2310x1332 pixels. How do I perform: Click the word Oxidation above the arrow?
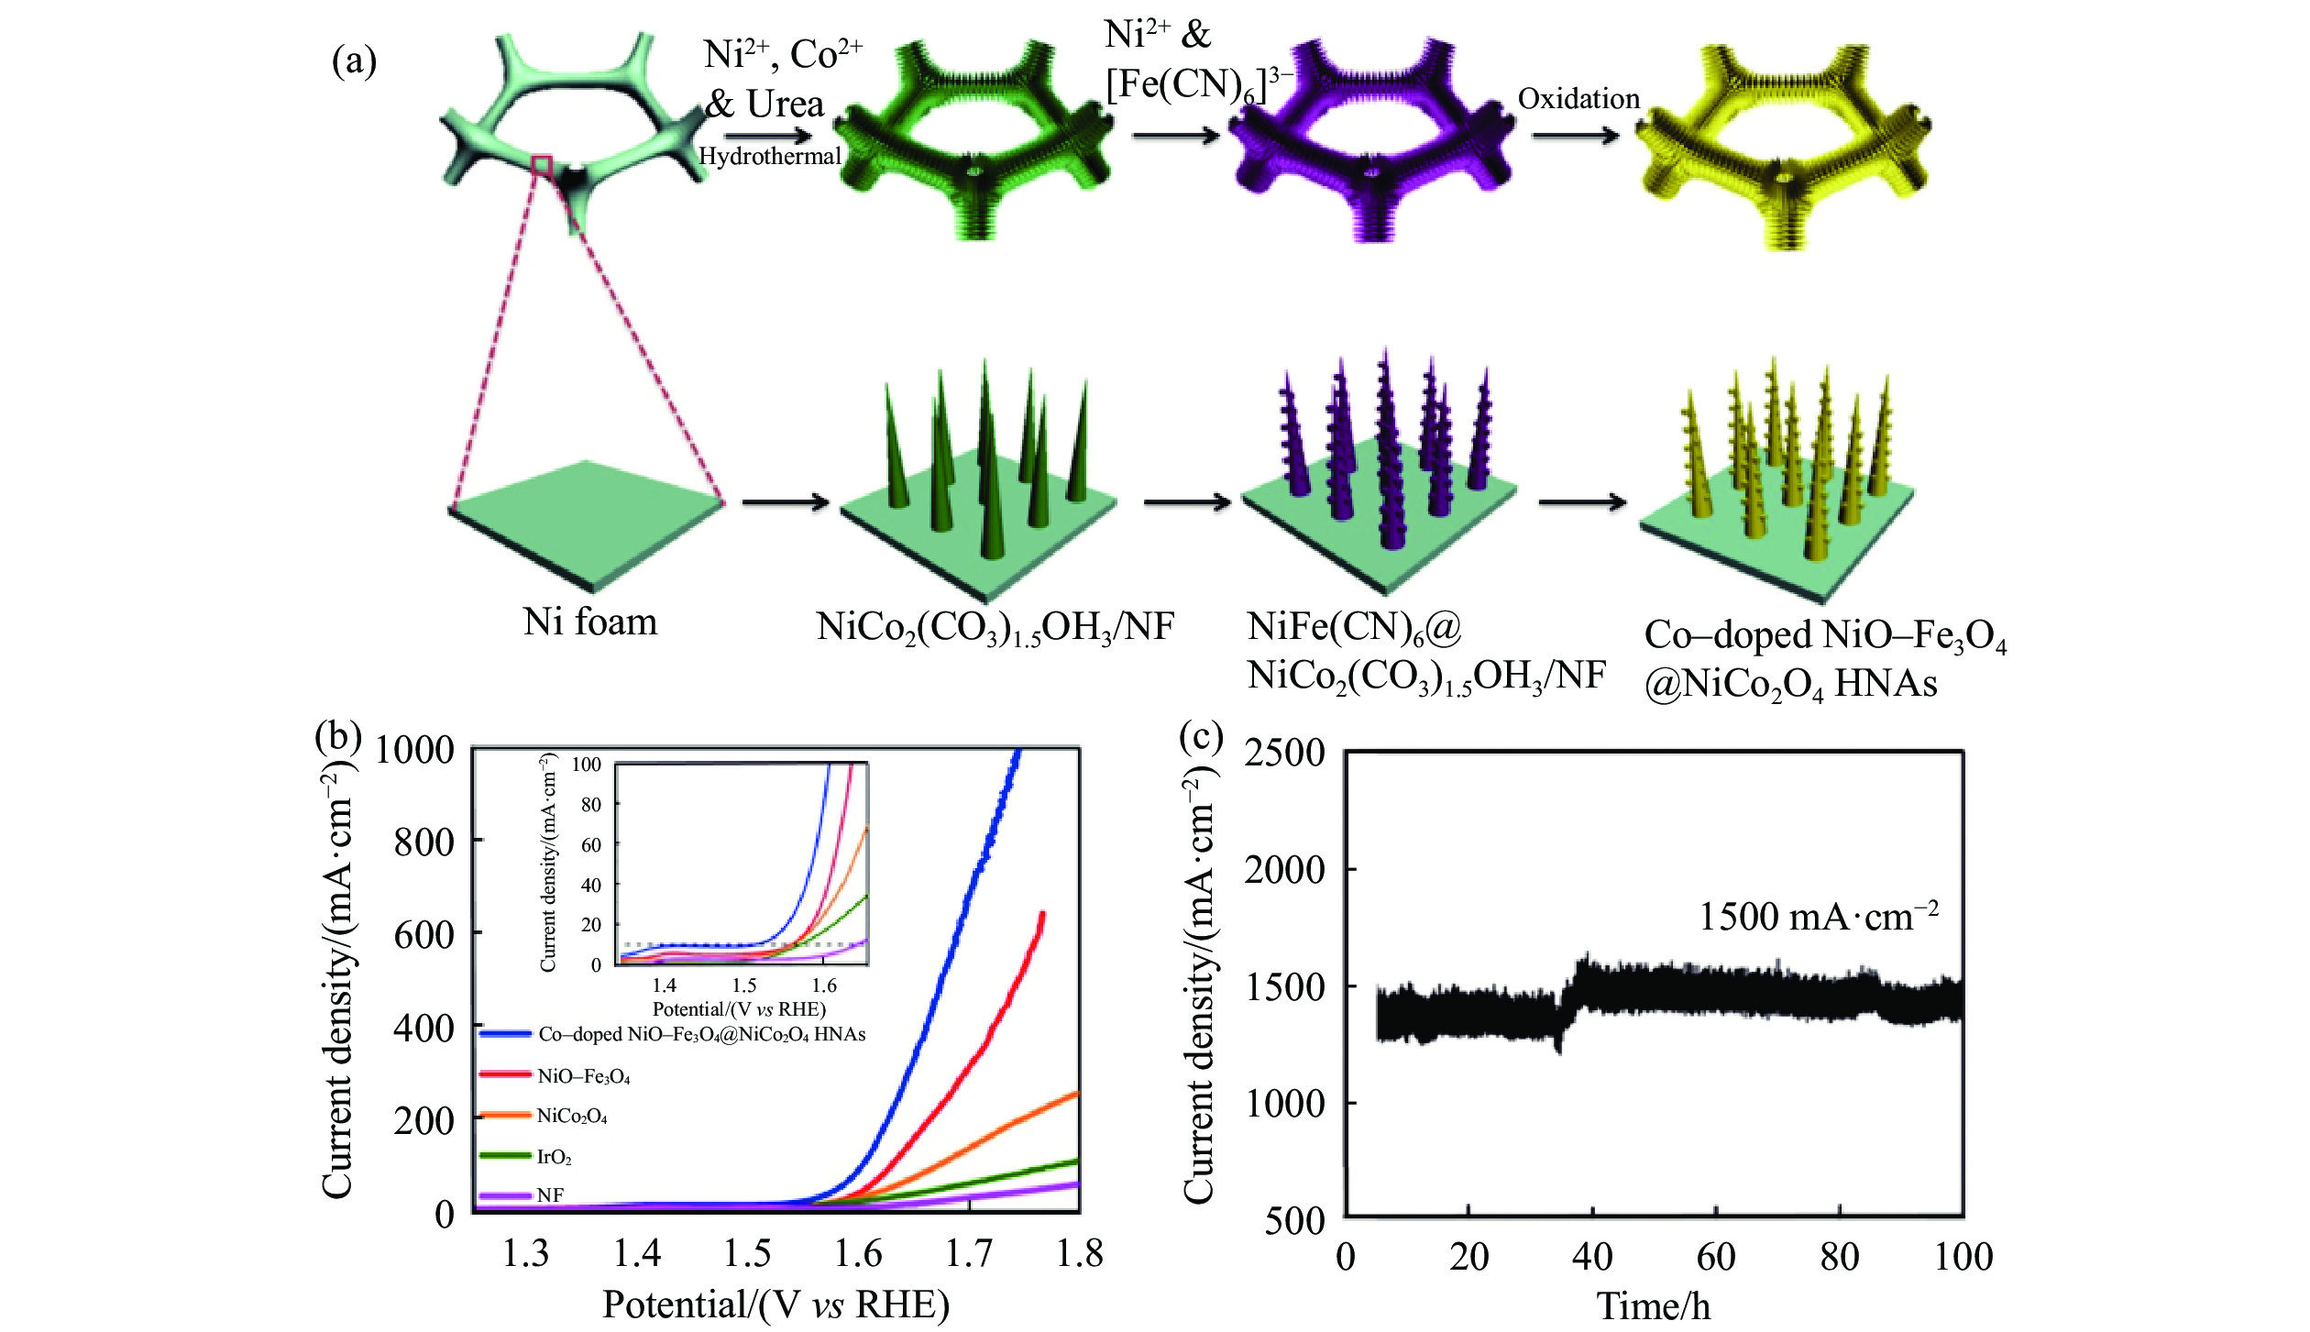(1578, 99)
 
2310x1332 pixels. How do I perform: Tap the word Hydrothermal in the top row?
(769, 156)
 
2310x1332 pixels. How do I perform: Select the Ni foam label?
(590, 622)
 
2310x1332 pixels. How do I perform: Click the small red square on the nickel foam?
(542, 165)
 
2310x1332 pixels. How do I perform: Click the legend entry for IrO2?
(554, 1157)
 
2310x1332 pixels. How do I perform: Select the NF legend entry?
(550, 1195)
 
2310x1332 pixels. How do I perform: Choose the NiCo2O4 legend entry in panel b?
(571, 1117)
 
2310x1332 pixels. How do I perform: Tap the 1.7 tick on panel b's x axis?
(969, 1253)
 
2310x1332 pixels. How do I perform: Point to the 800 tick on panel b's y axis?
(423, 842)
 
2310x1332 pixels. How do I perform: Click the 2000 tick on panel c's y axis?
(1284, 869)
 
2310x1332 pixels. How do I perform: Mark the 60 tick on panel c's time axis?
(1715, 1257)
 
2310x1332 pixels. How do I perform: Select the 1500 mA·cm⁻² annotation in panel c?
(1819, 917)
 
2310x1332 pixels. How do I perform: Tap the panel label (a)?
(354, 61)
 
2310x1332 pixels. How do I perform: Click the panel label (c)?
(1201, 735)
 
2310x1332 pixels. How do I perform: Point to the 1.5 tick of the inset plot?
(743, 985)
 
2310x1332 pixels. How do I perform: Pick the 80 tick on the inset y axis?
(591, 805)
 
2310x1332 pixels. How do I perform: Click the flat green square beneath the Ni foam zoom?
(587, 523)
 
